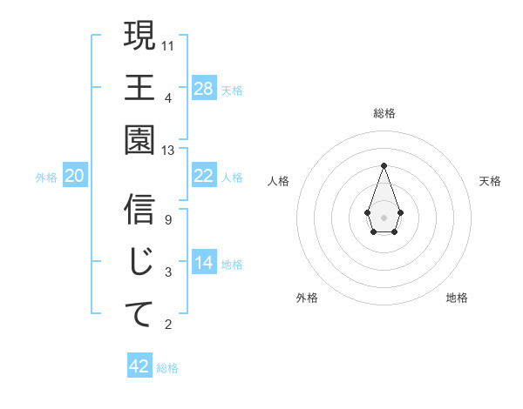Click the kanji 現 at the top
139,37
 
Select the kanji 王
139,87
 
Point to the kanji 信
139,210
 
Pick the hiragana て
139,313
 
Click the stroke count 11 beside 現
168,45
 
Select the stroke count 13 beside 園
168,151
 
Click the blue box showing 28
204,89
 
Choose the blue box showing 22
204,177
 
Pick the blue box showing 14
204,263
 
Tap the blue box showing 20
75,177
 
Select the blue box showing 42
139,366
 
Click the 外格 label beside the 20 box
46,178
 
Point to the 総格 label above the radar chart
384,114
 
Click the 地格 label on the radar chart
457,298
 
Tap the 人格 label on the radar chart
279,181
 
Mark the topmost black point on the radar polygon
384,164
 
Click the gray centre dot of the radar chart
384,216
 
